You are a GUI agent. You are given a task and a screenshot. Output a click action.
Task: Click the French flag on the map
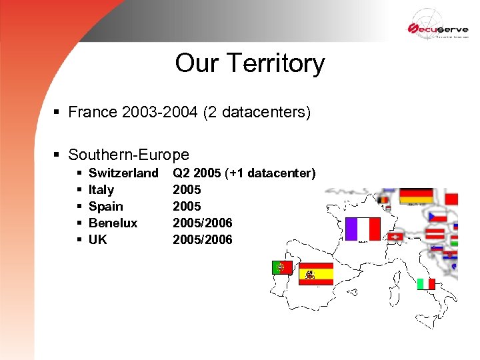[x=363, y=229]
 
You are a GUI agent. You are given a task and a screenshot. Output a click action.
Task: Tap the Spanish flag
[x=315, y=273]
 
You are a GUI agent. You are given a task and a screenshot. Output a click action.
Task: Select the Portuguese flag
[x=281, y=267]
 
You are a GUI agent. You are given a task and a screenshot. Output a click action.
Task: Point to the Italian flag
[x=426, y=283]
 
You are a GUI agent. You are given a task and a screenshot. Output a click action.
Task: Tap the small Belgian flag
[x=383, y=199]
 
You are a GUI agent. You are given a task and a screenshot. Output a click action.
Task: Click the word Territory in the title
[x=275, y=63]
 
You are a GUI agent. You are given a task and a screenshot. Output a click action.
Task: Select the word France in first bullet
[x=93, y=112]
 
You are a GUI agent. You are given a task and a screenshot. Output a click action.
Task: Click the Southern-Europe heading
[x=129, y=155]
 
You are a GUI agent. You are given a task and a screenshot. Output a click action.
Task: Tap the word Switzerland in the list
[x=123, y=173]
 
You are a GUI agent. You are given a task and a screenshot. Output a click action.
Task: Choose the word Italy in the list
[x=101, y=190]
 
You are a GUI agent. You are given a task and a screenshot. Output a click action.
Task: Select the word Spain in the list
[x=105, y=207]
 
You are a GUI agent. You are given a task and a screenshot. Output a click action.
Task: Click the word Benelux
[x=113, y=223]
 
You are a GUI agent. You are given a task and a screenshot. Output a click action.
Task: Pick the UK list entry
[x=97, y=239]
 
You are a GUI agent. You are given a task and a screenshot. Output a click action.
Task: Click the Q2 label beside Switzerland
[x=181, y=173]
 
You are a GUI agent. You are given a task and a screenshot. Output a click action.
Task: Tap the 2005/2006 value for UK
[x=203, y=239]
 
